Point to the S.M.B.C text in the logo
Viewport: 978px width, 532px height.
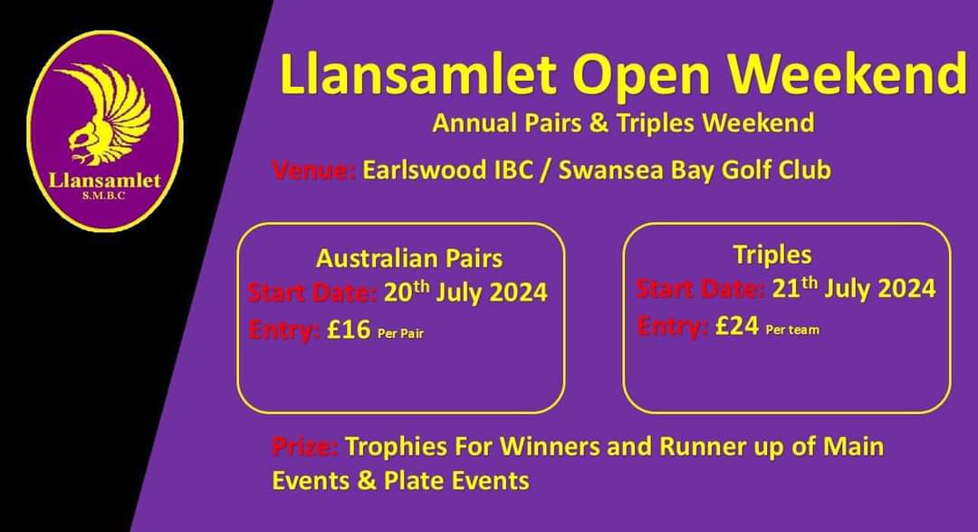105,195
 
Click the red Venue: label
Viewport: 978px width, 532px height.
312,170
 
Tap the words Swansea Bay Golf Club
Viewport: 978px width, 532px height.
695,170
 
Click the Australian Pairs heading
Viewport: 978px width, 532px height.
408,258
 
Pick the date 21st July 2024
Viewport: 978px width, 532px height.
854,288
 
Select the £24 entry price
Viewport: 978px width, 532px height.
736,326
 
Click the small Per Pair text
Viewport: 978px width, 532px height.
400,334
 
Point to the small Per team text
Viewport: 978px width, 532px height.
792,330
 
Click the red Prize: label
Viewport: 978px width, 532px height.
304,447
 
